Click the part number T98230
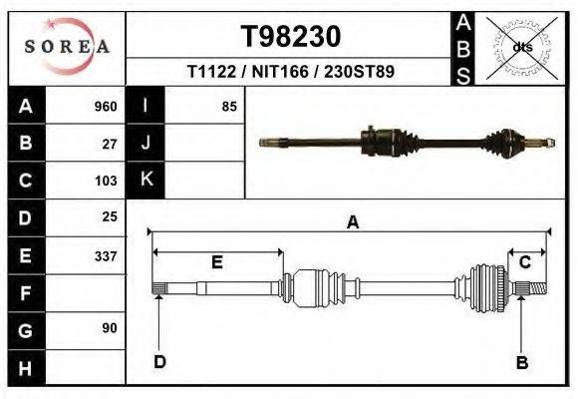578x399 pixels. tap(291, 37)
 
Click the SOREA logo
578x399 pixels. tap(67, 46)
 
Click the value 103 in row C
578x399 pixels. tap(106, 181)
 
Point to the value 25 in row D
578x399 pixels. tap(110, 216)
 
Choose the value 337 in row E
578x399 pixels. tap(106, 255)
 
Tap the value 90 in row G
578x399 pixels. tap(110, 328)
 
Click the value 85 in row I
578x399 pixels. tap(229, 107)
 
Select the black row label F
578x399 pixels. tap(26, 292)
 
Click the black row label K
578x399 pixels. tap(146, 180)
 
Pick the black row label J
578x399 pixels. tap(146, 144)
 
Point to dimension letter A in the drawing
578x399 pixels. tap(352, 223)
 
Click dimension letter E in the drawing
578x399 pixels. tap(217, 262)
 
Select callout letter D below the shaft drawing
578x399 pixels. tap(159, 362)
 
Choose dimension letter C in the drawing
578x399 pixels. tap(524, 262)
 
